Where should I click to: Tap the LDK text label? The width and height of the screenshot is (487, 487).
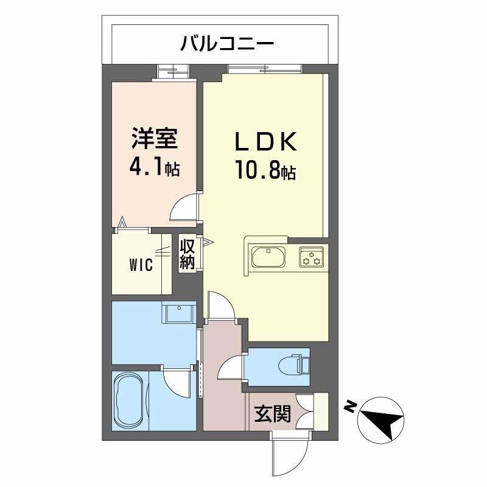pyautogui.click(x=266, y=142)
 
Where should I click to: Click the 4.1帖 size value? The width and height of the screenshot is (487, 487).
pyautogui.click(x=154, y=167)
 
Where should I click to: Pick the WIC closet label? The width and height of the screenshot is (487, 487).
pyautogui.click(x=141, y=265)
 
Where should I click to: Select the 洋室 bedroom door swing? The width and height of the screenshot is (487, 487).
pyautogui.click(x=185, y=207)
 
